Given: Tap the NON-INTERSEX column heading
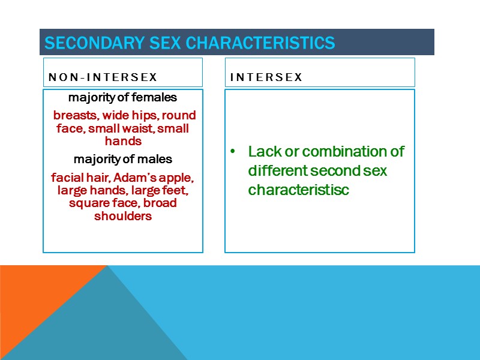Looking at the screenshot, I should tap(103, 77).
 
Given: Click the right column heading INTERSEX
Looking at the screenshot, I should tap(266, 77).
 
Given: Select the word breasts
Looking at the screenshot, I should tap(73, 115).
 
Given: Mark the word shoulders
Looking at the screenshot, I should tap(122, 217).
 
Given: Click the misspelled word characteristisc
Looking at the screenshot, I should tap(298, 190).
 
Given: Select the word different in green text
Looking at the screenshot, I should tap(277, 170).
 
